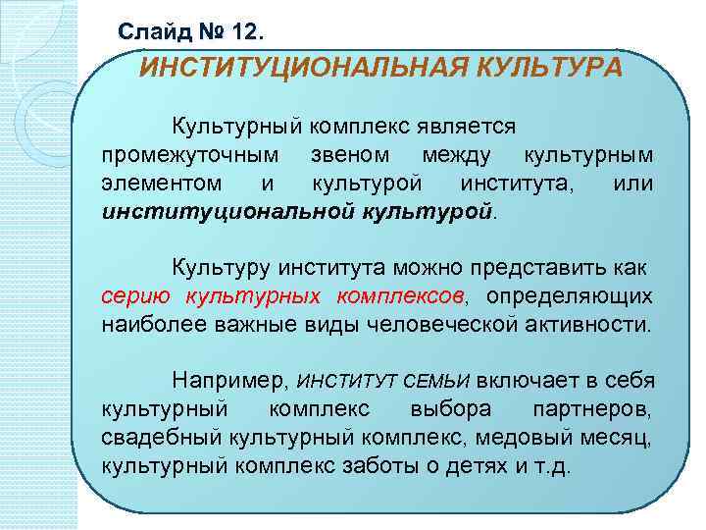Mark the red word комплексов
[401, 295]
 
